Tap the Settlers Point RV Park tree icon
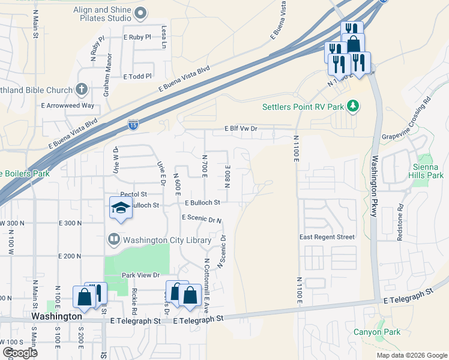[354, 106]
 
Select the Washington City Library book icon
[113, 240]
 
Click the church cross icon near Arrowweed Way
[82, 90]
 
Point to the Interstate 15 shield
[134, 125]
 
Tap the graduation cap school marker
[121, 208]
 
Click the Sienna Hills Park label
[428, 170]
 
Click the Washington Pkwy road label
[373, 187]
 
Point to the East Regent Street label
[327, 237]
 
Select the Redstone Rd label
[400, 224]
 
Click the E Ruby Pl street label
[137, 37]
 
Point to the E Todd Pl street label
[137, 77]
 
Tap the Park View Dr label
[140, 275]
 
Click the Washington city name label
[56, 316]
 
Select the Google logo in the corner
[20, 353]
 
